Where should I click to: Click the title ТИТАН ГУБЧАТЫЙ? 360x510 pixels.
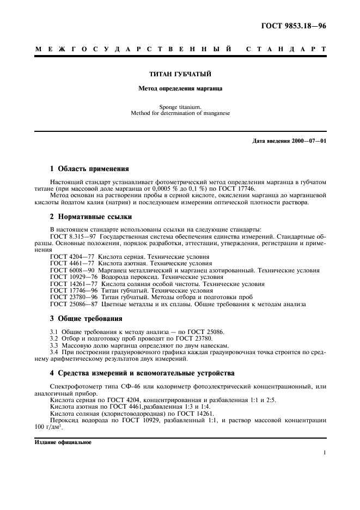coord(180,73)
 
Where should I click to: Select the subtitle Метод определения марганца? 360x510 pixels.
coord(180,87)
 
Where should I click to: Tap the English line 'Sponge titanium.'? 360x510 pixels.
coord(180,107)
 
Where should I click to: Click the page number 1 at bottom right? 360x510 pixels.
coord(324,453)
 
